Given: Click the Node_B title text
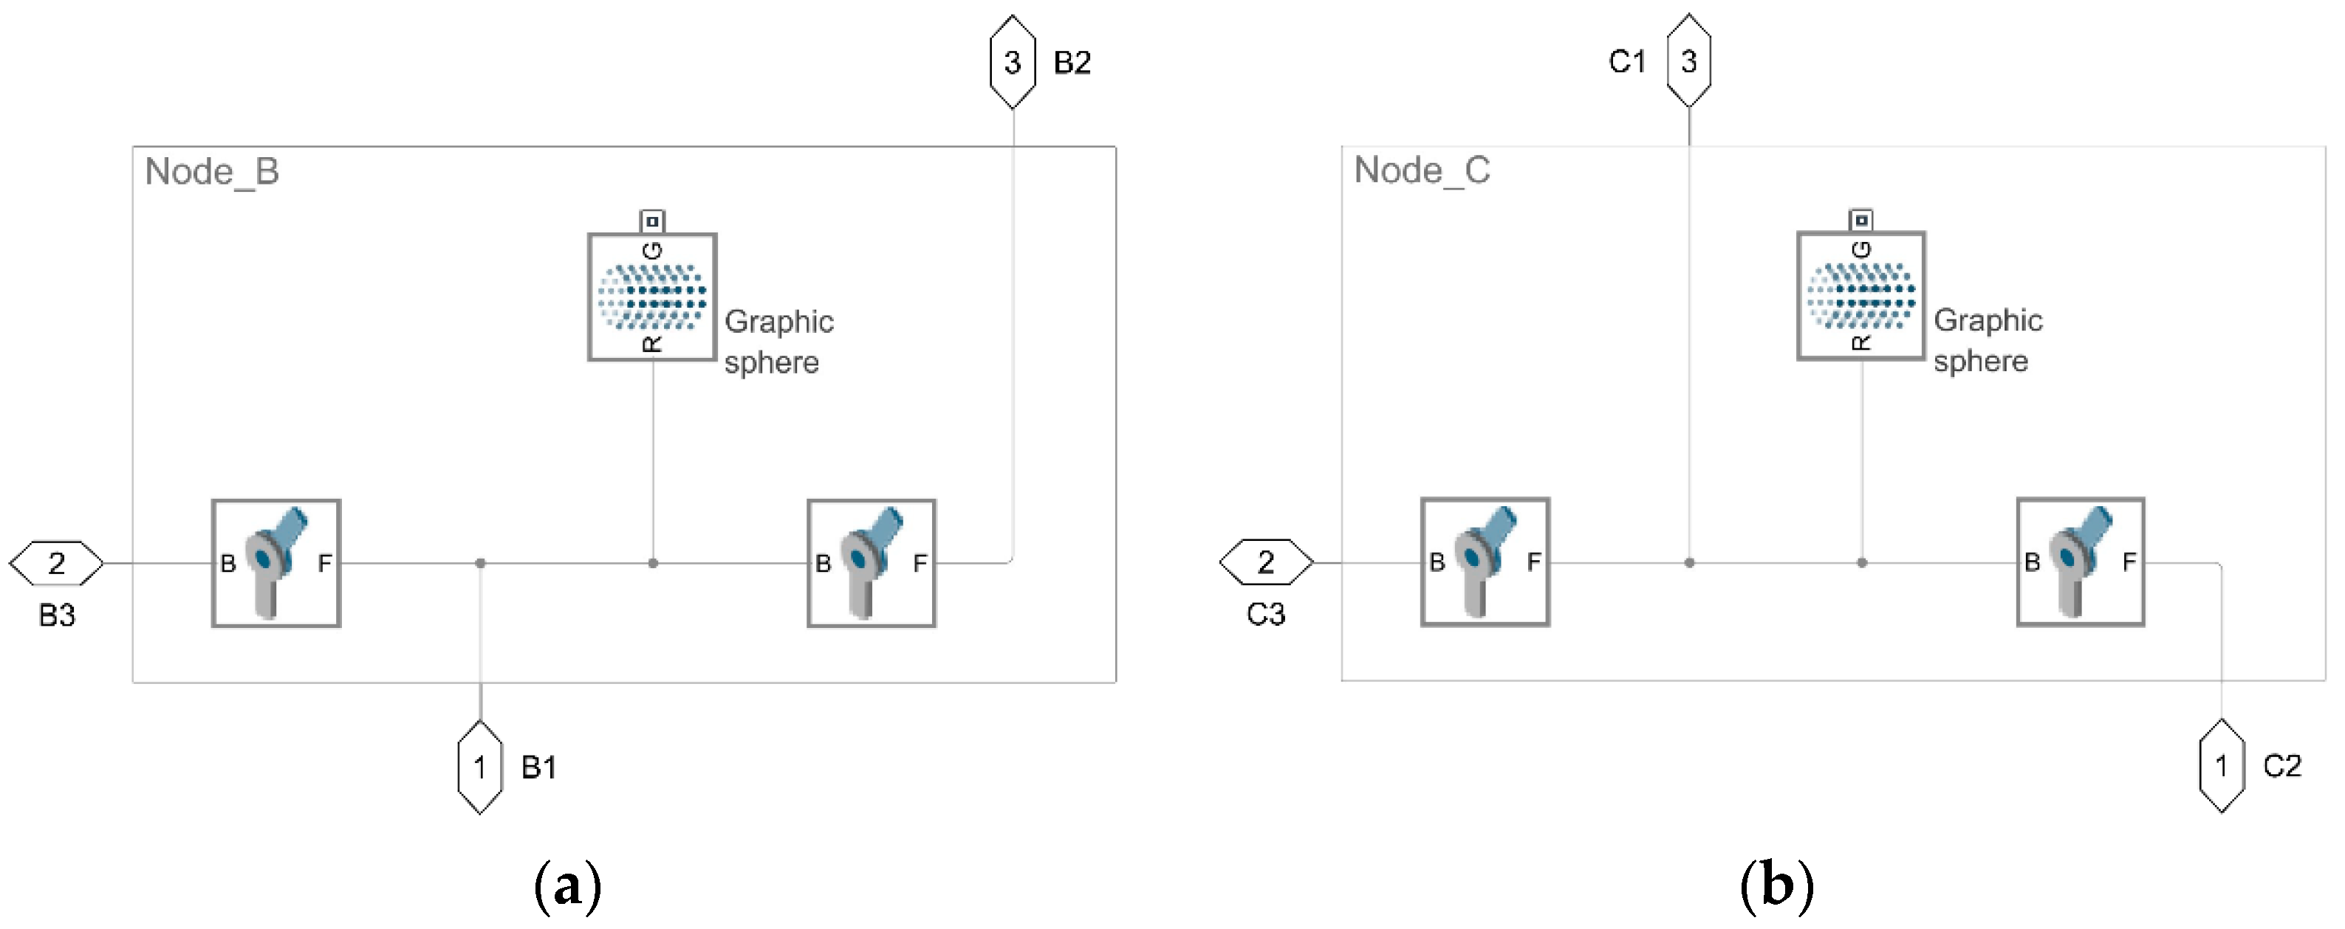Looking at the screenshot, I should coord(211,172).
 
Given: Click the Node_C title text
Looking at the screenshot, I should coord(1421,170).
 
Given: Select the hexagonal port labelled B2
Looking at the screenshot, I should coord(1013,62).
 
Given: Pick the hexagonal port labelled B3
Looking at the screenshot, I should coord(56,563).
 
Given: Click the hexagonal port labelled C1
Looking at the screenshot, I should coord(1688,61).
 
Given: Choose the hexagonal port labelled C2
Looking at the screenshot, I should coord(2221,765).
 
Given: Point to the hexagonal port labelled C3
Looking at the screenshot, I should coord(1265,562).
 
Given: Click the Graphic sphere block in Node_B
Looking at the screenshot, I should coord(651,297).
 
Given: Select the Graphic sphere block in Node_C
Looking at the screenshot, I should coord(1860,296).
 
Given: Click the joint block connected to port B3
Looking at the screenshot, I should coord(275,563).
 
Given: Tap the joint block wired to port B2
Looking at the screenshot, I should coord(872,563).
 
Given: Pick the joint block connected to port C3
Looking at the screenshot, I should coord(1485,562).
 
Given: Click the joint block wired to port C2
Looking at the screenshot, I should coord(2080,562).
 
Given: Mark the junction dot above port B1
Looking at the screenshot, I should coord(481,563).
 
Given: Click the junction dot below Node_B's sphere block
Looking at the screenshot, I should coord(653,563).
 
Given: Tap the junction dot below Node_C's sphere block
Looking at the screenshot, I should coord(1862,562).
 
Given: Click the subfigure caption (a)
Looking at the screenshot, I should coord(567,885).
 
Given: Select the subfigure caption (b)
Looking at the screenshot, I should coord(1776,885).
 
